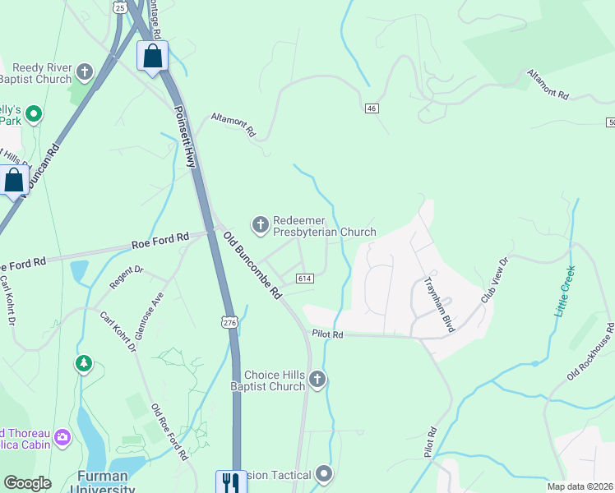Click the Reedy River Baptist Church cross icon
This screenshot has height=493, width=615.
point(83,72)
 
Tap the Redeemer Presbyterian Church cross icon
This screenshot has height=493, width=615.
point(260,223)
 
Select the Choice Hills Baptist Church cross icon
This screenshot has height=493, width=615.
point(318,379)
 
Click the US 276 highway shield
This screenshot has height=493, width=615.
point(229,324)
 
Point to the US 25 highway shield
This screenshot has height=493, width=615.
point(121,7)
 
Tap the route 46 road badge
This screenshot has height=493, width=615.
point(372,108)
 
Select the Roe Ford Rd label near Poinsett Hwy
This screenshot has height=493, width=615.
point(160,241)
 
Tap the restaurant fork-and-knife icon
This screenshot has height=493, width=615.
point(230,481)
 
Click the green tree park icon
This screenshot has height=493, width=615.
point(83,364)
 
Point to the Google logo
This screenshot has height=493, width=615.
point(27,483)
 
